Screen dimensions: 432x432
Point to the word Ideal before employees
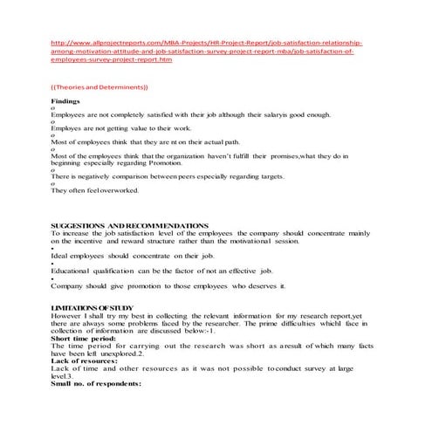coord(62,257)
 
